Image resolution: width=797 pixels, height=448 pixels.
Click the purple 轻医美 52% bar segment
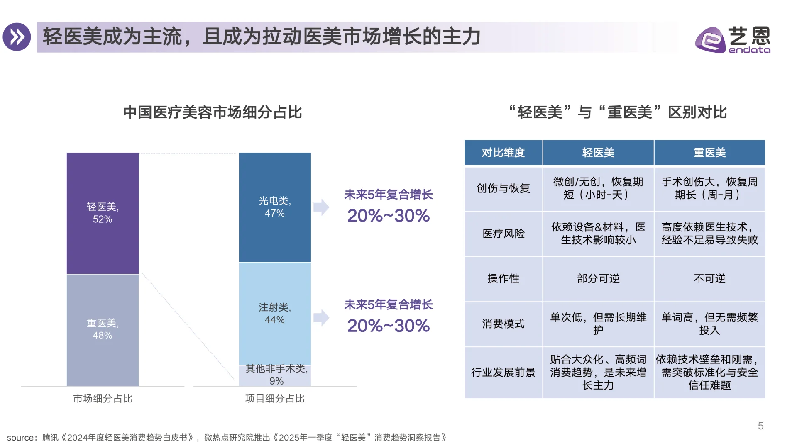103,213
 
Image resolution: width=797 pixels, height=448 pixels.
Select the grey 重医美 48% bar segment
103,330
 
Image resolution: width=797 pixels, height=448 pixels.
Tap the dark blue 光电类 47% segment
275,207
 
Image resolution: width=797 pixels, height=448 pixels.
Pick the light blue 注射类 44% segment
275,314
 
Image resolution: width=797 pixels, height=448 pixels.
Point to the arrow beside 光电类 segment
321,207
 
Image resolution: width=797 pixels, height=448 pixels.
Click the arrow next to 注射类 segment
321,318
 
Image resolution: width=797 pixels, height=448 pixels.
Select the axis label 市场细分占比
103,399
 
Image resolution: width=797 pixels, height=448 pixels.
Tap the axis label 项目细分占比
275,399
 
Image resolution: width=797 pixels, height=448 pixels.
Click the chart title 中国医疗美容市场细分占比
212,112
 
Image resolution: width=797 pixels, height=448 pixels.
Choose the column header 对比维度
503,153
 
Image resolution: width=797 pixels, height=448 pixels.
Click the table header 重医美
709,153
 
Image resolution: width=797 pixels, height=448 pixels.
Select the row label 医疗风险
503,234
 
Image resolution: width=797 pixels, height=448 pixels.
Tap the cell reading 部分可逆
598,278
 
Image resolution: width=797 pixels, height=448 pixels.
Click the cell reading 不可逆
709,278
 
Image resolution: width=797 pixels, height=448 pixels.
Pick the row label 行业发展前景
503,373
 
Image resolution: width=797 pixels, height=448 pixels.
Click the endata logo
733,40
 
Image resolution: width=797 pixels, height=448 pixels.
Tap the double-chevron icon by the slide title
17,37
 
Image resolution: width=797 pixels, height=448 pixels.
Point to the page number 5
760,426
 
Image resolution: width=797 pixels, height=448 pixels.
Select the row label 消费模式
503,324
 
